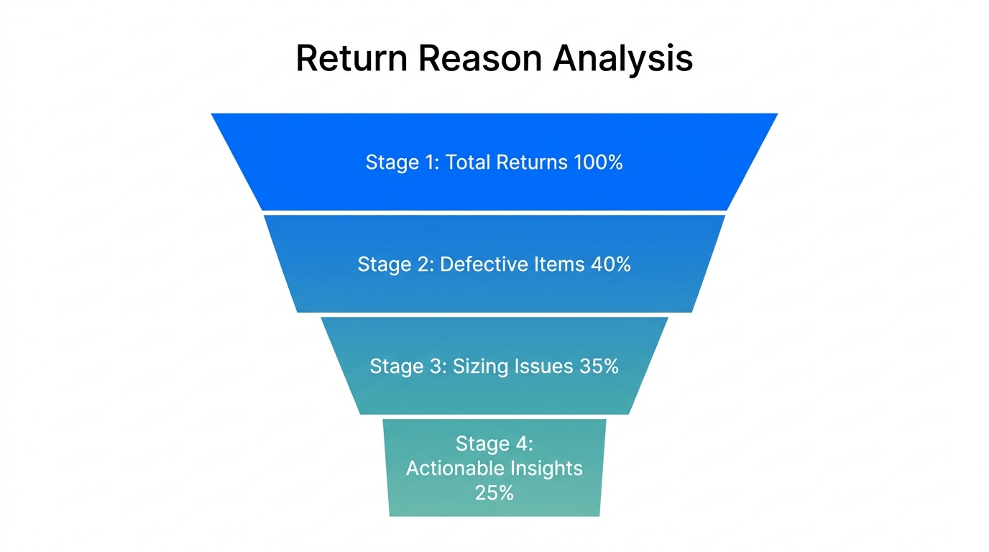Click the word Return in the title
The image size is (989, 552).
[x=351, y=58]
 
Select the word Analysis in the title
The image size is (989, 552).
[x=623, y=58]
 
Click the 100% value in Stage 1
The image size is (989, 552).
[x=598, y=162]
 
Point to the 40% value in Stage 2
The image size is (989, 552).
[x=610, y=264]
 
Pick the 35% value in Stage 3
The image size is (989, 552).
[x=598, y=367]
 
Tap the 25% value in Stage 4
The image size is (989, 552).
[x=494, y=493]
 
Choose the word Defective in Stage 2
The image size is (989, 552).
[x=483, y=264]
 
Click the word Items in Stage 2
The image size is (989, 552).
[x=558, y=264]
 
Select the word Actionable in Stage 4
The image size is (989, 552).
[x=455, y=469]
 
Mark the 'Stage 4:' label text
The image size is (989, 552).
[x=494, y=444]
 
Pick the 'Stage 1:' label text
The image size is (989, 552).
[x=402, y=162]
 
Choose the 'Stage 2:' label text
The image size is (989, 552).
[x=395, y=264]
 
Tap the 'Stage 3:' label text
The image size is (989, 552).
[x=407, y=367]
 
